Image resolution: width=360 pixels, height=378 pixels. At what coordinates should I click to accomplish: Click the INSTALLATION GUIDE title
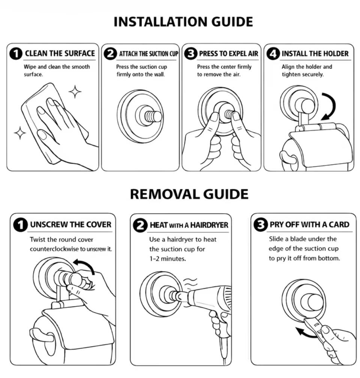[x=183, y=22]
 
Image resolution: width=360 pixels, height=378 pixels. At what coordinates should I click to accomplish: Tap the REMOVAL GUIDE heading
[x=189, y=194]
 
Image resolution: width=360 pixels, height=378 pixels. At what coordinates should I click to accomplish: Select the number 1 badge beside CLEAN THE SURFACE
[x=16, y=54]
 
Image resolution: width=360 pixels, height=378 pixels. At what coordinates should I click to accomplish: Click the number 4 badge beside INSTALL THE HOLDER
[x=273, y=54]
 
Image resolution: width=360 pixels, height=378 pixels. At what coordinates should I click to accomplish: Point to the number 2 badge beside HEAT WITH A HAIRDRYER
[x=140, y=225]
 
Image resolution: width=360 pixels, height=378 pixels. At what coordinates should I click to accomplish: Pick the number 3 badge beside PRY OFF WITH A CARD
[x=261, y=225]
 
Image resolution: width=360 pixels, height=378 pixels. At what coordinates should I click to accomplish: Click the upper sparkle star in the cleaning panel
[x=75, y=91]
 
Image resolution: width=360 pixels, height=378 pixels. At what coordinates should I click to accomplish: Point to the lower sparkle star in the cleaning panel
[x=20, y=133]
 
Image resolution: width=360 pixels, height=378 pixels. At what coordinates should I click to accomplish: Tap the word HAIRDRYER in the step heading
[x=209, y=225]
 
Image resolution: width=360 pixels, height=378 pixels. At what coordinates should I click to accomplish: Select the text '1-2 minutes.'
[x=168, y=259]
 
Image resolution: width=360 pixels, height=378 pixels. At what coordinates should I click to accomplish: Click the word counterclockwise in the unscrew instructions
[x=54, y=249]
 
